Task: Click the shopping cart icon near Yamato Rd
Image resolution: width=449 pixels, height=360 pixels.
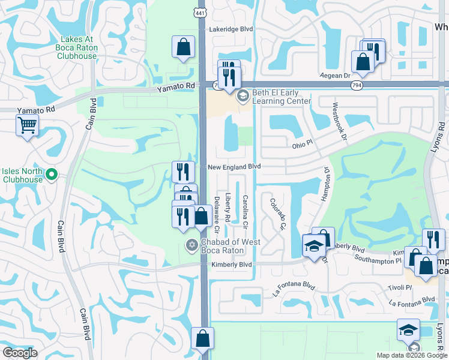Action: (27, 126)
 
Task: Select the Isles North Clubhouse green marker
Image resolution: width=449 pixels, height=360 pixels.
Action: (51, 175)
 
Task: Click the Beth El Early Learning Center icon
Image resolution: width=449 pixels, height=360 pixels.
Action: (243, 97)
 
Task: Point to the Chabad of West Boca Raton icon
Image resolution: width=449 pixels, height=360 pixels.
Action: (191, 243)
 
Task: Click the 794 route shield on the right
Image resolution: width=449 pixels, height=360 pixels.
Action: (357, 85)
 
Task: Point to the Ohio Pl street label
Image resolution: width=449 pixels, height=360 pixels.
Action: (303, 144)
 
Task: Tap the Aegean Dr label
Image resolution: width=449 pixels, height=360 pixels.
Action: (338, 76)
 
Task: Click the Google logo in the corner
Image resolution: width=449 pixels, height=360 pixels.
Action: (20, 352)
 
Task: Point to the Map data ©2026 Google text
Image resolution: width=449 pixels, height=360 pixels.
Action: (411, 355)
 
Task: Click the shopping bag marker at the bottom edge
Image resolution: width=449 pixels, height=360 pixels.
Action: (202, 338)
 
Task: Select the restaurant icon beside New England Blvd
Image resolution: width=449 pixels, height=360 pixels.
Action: (182, 172)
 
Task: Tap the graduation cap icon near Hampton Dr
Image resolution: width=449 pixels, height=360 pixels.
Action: (313, 246)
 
